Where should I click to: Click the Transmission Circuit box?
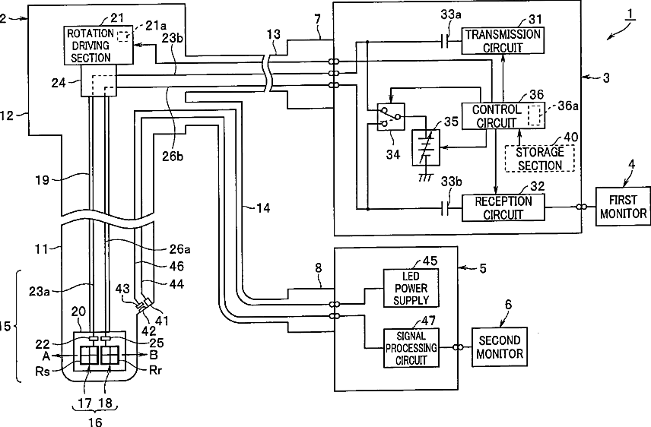(x=503, y=40)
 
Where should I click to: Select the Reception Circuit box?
(x=503, y=207)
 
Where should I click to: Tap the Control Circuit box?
(x=503, y=115)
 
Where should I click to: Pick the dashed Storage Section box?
(x=540, y=158)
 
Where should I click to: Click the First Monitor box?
(x=623, y=207)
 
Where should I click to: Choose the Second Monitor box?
(x=500, y=347)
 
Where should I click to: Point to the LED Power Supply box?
(x=411, y=288)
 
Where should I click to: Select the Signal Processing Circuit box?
(x=411, y=348)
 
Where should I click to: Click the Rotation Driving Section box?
(x=99, y=46)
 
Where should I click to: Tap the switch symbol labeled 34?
(x=391, y=116)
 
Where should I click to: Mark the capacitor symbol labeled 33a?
(x=445, y=41)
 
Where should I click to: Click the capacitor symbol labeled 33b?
(x=445, y=209)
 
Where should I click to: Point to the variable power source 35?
(x=426, y=147)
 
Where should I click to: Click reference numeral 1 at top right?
(x=630, y=14)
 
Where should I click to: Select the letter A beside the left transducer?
(x=46, y=356)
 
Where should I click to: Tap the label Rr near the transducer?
(x=155, y=370)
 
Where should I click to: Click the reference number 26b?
(x=173, y=156)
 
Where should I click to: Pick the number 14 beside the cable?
(x=263, y=207)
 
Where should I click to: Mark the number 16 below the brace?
(x=95, y=422)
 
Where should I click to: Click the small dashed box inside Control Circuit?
(x=535, y=115)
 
